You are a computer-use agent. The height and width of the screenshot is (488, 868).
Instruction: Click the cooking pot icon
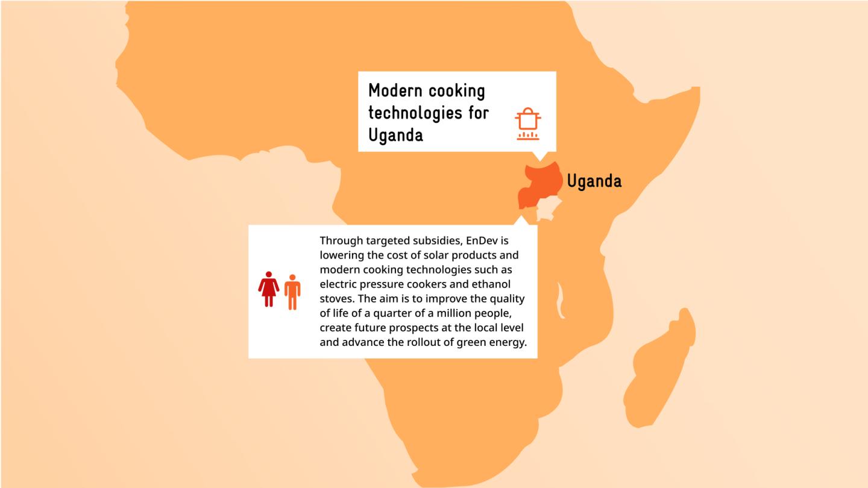(x=527, y=124)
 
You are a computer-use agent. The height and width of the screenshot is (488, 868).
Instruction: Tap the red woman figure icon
(x=269, y=289)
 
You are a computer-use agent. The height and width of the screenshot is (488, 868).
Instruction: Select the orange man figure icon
(x=292, y=292)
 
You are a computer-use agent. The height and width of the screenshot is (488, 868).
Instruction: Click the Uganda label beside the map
(x=594, y=181)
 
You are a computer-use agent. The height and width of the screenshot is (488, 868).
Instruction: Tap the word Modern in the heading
(x=396, y=90)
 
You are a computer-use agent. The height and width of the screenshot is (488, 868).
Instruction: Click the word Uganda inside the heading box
(x=395, y=135)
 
